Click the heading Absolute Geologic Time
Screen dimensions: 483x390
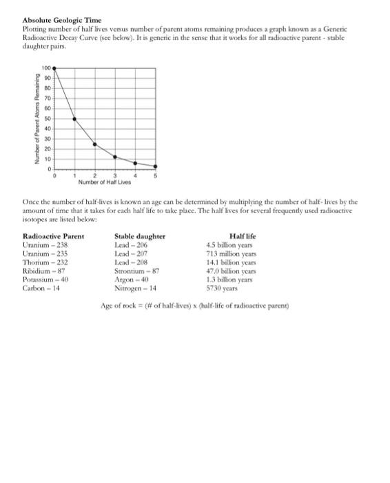(52, 21)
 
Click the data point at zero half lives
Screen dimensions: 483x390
(55, 69)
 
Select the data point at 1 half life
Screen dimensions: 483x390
(75, 119)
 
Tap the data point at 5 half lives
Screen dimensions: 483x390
(155, 166)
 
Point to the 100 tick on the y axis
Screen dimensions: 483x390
(46, 69)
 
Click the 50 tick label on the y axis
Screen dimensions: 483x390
(48, 119)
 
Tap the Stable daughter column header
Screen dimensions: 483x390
(140, 237)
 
